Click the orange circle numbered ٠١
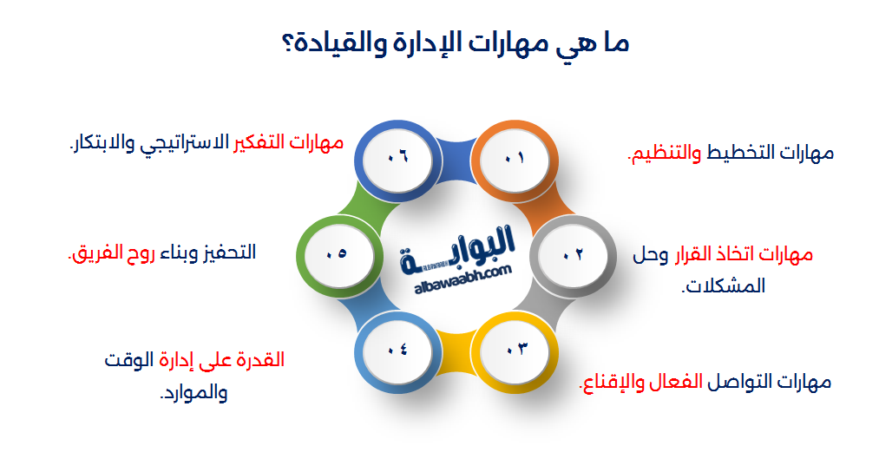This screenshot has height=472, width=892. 515,158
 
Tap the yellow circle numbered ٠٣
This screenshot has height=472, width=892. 515,349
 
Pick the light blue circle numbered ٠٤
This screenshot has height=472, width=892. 397,349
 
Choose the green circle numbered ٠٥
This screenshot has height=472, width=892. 337,254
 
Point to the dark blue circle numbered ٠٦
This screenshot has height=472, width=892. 397,158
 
